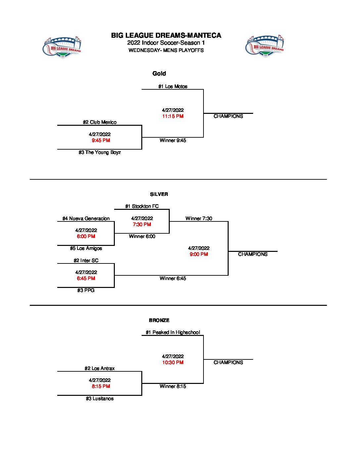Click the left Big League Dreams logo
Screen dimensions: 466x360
[x=62, y=47]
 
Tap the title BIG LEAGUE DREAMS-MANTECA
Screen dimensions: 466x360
[x=166, y=35]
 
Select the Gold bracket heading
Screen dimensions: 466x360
[x=159, y=73]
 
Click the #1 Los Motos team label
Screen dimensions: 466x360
[x=173, y=86]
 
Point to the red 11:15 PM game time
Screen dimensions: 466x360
[x=173, y=116]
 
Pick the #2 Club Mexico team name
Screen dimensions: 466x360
[x=100, y=122]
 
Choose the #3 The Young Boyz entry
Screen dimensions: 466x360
[x=100, y=152]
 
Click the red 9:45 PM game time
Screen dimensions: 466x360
[x=101, y=140]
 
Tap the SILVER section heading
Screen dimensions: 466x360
[x=159, y=194]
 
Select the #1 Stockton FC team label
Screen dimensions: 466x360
[x=142, y=206]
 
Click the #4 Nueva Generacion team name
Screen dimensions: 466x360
[x=86, y=218]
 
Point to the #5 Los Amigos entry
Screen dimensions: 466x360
[x=86, y=248]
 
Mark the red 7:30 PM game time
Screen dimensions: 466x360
[x=142, y=224]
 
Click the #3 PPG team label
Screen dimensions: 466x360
[x=86, y=290]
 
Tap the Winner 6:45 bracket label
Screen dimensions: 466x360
[x=173, y=278]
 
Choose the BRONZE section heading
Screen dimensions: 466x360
[x=159, y=320]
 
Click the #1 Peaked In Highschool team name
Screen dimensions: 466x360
[x=173, y=332]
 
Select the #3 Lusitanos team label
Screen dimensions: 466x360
[x=100, y=398]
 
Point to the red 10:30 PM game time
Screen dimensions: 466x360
[x=173, y=362]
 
